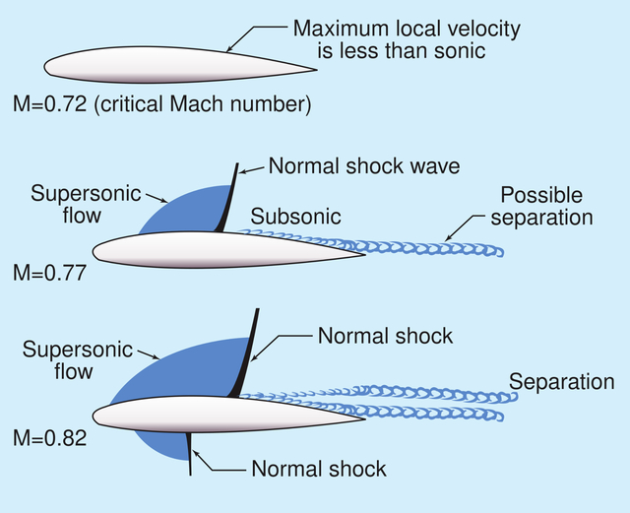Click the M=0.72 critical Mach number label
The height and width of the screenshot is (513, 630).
(x=161, y=104)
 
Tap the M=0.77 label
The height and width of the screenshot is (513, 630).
(x=50, y=273)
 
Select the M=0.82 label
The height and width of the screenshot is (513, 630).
(x=50, y=438)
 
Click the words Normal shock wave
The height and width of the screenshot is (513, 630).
(x=364, y=165)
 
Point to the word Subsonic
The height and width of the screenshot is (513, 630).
(x=295, y=217)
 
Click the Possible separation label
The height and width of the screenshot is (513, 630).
(x=541, y=206)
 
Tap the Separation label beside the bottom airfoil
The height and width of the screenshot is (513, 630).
(x=562, y=382)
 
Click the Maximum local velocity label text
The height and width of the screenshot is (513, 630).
(x=406, y=39)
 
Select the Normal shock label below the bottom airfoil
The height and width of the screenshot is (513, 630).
(x=319, y=469)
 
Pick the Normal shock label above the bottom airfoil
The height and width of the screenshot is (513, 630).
(x=385, y=336)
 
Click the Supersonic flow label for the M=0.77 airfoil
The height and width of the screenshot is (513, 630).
(x=86, y=204)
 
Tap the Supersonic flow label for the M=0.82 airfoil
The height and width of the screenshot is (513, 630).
(x=78, y=360)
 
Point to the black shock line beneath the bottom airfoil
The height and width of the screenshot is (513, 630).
(x=189, y=454)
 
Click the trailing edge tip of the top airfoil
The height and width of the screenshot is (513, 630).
(x=317, y=70)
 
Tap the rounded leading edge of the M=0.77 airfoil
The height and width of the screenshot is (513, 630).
(x=94, y=252)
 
